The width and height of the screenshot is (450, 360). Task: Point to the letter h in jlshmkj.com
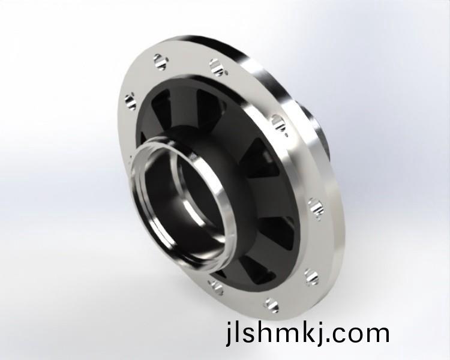[x=259, y=331]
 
